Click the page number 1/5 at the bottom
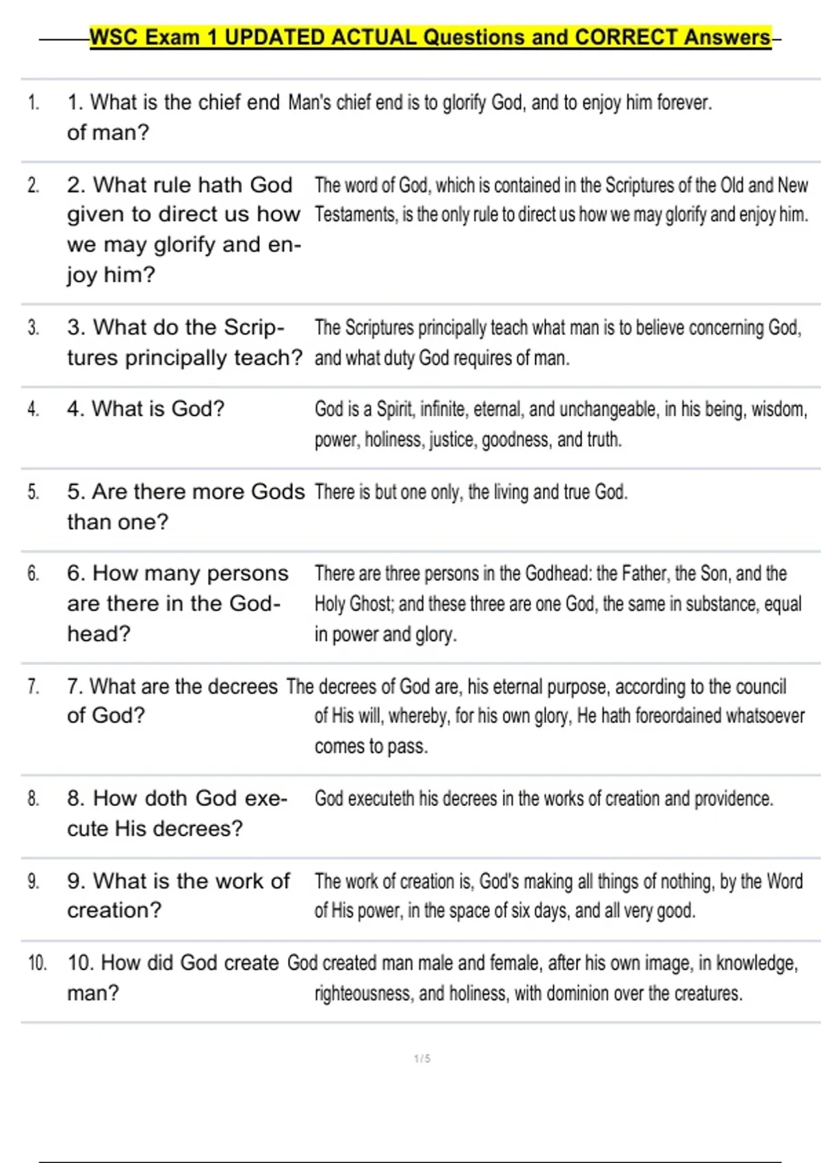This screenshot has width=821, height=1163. point(422,1059)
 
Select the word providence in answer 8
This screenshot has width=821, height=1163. point(733,798)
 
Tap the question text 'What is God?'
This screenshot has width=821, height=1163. point(146,409)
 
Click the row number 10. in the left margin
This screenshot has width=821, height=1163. point(37,963)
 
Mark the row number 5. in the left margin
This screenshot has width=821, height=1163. point(34,492)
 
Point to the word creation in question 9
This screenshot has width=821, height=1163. point(114,911)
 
